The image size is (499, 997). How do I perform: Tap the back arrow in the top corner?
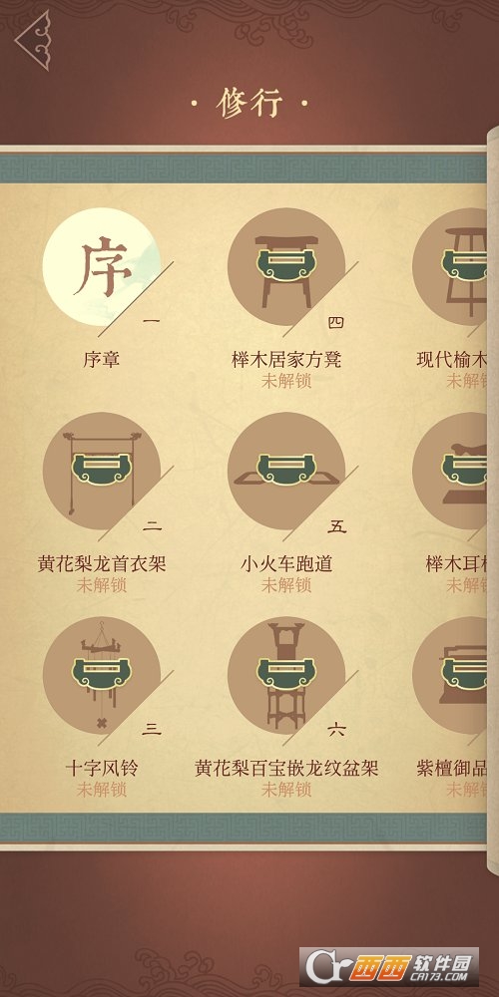(x=32, y=40)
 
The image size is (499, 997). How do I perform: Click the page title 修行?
(x=249, y=104)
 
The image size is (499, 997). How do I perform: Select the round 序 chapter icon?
(x=101, y=266)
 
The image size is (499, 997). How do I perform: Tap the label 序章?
(x=101, y=359)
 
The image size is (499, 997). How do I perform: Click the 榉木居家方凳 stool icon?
(x=286, y=266)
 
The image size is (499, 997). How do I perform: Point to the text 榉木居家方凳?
(x=286, y=359)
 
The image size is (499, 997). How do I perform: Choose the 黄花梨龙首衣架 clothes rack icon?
(x=101, y=471)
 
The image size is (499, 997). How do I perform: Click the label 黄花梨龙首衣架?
(x=101, y=564)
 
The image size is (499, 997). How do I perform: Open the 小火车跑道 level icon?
(x=286, y=471)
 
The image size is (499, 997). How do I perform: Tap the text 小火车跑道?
(x=286, y=564)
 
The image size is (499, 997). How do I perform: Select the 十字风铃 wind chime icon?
(x=101, y=675)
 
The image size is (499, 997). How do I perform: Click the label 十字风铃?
(x=101, y=769)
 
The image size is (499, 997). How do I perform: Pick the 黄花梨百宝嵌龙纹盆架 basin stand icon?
(x=286, y=675)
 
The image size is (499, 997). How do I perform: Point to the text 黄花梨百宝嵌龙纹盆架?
(x=286, y=769)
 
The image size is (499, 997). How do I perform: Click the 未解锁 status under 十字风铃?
(x=101, y=790)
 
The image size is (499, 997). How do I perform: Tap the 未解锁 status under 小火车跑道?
(x=286, y=585)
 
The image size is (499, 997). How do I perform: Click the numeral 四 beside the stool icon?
(x=336, y=322)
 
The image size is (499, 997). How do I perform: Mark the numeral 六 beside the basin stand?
(x=336, y=730)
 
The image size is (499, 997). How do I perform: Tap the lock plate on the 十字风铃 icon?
(x=101, y=676)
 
